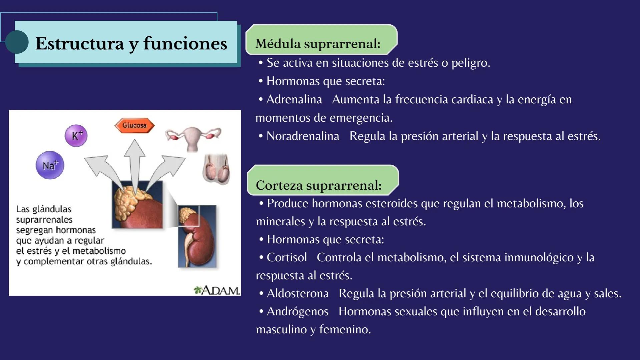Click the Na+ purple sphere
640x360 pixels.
pyautogui.click(x=50, y=165)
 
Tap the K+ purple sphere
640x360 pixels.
pyautogui.click(x=76, y=136)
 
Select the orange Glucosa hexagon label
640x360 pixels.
pyautogui.click(x=134, y=125)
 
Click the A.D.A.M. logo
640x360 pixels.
pyautogui.click(x=216, y=290)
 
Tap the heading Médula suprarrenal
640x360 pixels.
pyautogui.click(x=317, y=44)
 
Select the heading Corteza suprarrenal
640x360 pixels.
pyautogui.click(x=318, y=185)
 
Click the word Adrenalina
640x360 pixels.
pyautogui.click(x=294, y=99)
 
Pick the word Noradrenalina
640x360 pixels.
pyautogui.click(x=302, y=136)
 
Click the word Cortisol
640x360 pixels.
pyautogui.click(x=286, y=257)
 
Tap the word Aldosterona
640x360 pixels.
pyautogui.click(x=297, y=293)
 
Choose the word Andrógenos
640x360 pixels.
pyautogui.click(x=297, y=311)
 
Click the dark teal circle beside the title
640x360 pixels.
pyautogui.click(x=17, y=42)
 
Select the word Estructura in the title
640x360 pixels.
pyautogui.click(x=79, y=43)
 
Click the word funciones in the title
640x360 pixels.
pyautogui.click(x=185, y=43)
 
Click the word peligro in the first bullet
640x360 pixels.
pyautogui.click(x=470, y=63)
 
